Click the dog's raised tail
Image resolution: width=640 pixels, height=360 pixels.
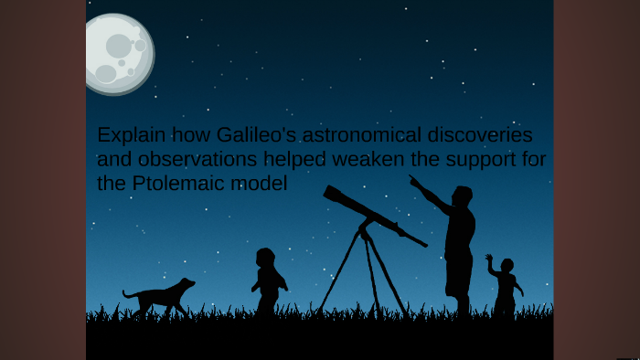pos(128,294)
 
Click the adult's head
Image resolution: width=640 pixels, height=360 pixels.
pos(462,196)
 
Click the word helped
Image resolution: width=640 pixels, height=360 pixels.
pos(293,159)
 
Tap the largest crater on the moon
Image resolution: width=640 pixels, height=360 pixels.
pos(119,46)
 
